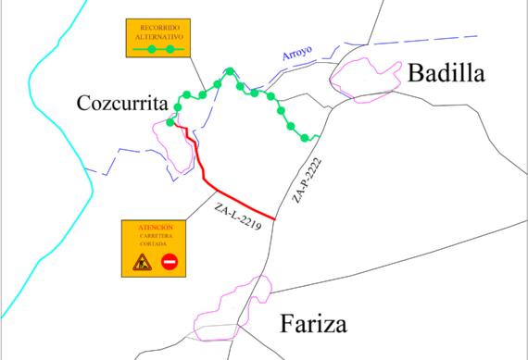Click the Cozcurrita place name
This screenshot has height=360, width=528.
[121, 103]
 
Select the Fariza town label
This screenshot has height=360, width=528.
[312, 325]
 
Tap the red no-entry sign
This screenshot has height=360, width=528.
[170, 262]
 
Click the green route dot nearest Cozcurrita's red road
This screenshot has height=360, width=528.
[170, 122]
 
